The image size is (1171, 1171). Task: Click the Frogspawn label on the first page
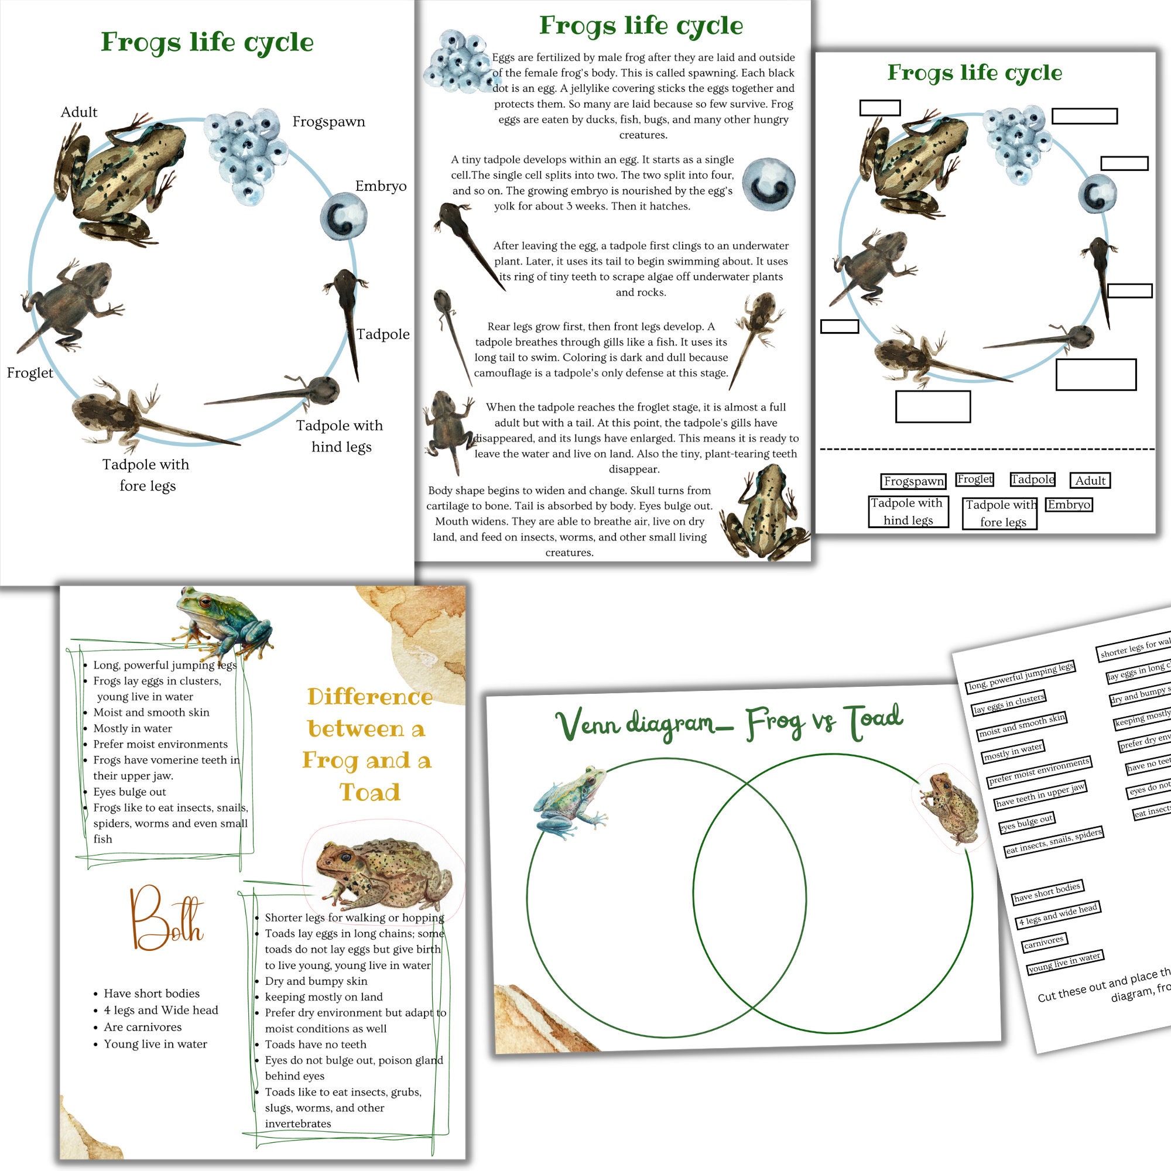pyautogui.click(x=328, y=122)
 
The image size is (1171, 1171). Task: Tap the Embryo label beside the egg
pyautogui.click(x=381, y=186)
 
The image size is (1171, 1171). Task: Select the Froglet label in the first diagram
pyautogui.click(x=30, y=373)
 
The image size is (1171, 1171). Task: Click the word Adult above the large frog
pyautogui.click(x=79, y=112)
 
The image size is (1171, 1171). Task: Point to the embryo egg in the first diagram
pyautogui.click(x=344, y=217)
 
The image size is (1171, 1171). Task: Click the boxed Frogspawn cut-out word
pyautogui.click(x=913, y=481)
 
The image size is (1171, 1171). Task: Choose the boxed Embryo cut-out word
pyautogui.click(x=1069, y=505)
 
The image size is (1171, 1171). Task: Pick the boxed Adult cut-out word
pyautogui.click(x=1090, y=481)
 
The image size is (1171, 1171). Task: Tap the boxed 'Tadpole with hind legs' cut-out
pyautogui.click(x=908, y=512)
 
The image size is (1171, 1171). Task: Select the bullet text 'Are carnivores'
pyautogui.click(x=143, y=1027)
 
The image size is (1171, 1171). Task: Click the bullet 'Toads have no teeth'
pyautogui.click(x=315, y=1045)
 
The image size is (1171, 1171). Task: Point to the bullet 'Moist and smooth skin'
pyautogui.click(x=151, y=712)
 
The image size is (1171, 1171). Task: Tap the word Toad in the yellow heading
pyautogui.click(x=369, y=792)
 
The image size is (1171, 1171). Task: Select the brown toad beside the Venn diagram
pyautogui.click(x=949, y=809)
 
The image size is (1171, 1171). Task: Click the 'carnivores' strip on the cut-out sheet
pyautogui.click(x=1044, y=942)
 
